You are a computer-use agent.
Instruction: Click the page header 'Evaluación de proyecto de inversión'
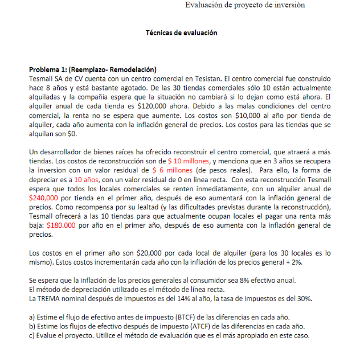click(245, 5)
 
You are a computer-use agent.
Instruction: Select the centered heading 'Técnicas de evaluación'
click(182, 33)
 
